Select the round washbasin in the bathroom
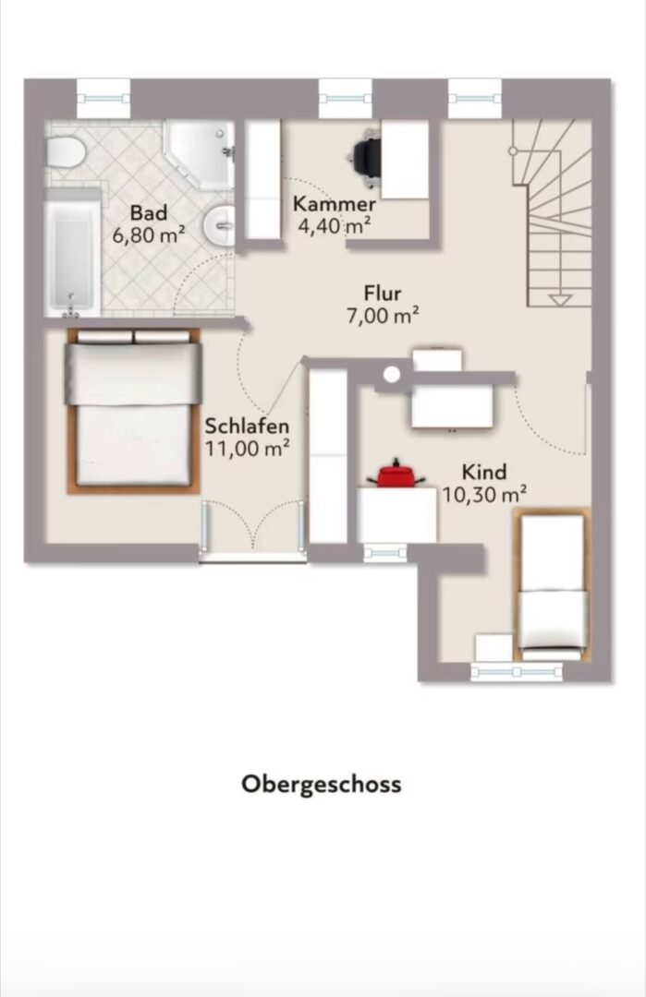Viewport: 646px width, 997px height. point(220,224)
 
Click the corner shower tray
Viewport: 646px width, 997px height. point(200,154)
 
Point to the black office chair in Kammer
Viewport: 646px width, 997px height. point(368,157)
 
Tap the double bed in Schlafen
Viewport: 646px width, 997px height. point(133,410)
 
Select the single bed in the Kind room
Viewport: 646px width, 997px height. point(552,585)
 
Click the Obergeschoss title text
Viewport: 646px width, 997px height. point(322,784)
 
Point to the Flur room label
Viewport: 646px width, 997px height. point(383,294)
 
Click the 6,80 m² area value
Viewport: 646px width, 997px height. point(149,235)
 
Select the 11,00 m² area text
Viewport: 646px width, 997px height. point(247,449)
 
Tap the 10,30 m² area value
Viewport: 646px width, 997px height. point(484,494)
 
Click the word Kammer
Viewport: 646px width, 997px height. point(335,205)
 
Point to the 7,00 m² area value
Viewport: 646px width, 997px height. point(383,316)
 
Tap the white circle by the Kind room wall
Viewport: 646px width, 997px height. point(392,375)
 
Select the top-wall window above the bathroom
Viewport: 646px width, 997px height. point(104,98)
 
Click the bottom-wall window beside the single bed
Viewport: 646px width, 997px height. point(517,671)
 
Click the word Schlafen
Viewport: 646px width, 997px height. point(247,426)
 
